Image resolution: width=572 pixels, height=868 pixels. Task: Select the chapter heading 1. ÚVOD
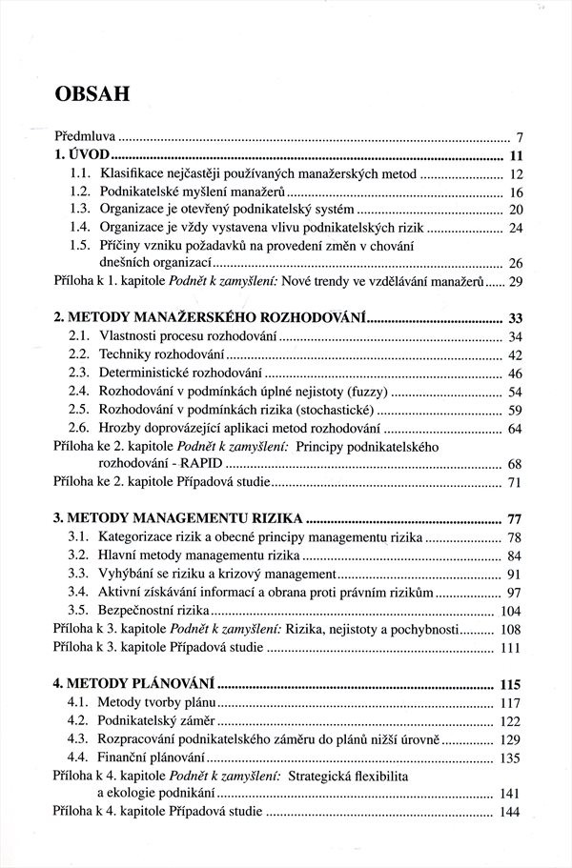coord(83,155)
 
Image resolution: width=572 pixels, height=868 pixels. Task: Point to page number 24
coord(517,228)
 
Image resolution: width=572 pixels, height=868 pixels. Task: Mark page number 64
coord(517,428)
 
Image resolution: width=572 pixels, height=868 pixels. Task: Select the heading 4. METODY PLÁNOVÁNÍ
coord(133,684)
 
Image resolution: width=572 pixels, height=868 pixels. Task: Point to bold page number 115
coord(512,684)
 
